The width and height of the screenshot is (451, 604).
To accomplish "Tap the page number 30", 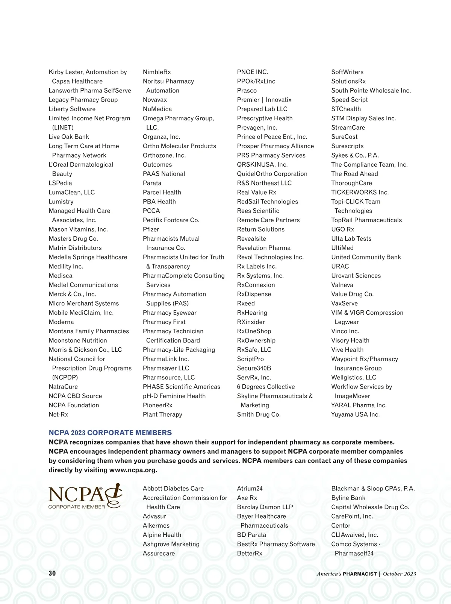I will pos(52,573).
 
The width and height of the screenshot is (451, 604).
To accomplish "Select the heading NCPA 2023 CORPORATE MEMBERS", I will pos(110,433).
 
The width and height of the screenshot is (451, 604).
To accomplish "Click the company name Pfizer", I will pos(151,229).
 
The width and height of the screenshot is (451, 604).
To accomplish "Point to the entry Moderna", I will pos(61,322).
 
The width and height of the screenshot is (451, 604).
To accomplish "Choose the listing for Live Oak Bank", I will pos(69,137).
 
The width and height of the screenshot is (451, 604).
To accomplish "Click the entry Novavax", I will pos(155,100).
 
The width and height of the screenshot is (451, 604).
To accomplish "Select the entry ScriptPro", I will pos(250,359).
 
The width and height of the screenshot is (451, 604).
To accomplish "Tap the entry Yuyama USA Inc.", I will pos(355,414).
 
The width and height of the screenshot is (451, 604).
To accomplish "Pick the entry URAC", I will pos(340,266).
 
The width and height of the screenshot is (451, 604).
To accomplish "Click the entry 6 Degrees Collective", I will pos(266,387).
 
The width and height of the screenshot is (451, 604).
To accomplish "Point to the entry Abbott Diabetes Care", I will pos(173,489).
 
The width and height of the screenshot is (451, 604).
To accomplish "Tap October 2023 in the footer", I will pos(400,574).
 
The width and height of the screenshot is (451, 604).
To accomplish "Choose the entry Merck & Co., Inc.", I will pos(72,294).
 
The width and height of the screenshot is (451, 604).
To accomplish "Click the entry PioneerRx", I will pos(157,405).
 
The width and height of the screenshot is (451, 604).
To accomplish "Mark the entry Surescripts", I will pos(347,146).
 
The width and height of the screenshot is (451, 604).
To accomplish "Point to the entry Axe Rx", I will pos(247,498).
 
